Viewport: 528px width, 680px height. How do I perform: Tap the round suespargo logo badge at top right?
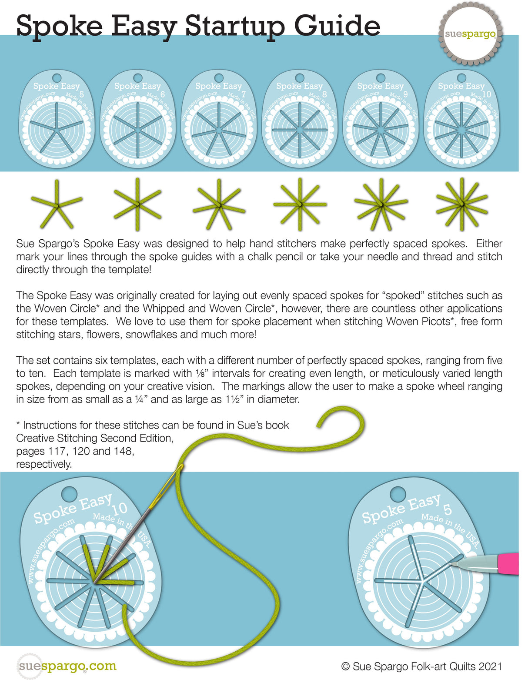tap(470, 34)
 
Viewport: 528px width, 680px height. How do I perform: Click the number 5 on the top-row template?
tap(82, 94)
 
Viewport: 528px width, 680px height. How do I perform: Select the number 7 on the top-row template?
tap(244, 94)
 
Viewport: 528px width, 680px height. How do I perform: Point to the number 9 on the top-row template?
tap(405, 94)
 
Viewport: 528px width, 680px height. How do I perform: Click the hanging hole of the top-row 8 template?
tap(300, 77)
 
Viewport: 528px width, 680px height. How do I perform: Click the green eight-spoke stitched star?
tap(300, 204)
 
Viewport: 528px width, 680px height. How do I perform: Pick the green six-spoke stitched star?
tap(137, 203)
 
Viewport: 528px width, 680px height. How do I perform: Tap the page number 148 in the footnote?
tap(122, 451)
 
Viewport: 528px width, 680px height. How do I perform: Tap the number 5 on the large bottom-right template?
tap(448, 509)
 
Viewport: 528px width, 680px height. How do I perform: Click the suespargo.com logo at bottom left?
tap(67, 666)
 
